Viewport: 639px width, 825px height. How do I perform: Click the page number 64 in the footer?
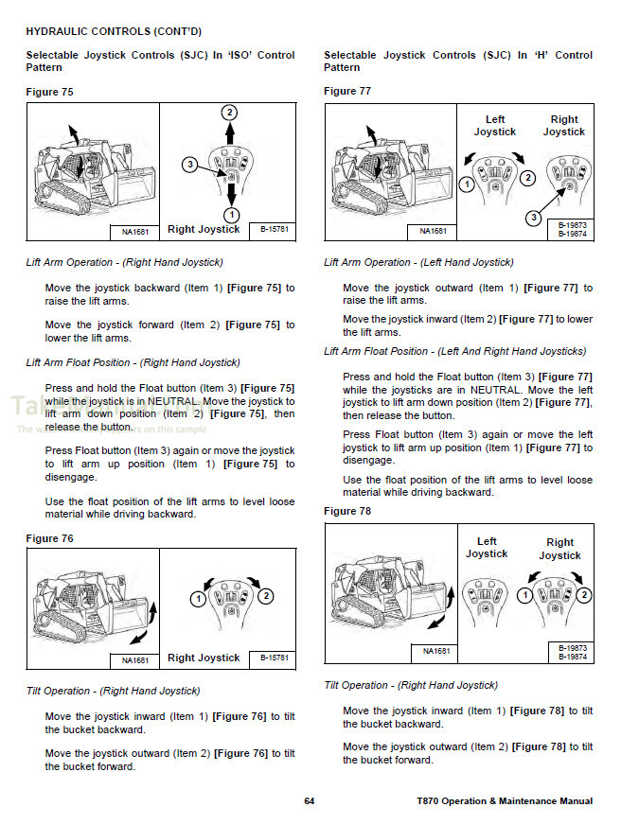pos(309,801)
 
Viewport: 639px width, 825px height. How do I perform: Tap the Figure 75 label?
pos(49,92)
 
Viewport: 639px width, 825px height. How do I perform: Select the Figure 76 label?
pos(49,538)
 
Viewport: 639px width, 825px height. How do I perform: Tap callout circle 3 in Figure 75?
pos(190,165)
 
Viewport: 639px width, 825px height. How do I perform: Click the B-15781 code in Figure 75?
pos(275,229)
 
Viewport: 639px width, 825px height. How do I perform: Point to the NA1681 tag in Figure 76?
pos(134,659)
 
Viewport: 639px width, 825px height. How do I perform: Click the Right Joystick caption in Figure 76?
pos(204,658)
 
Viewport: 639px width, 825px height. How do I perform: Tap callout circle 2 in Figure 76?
pos(266,596)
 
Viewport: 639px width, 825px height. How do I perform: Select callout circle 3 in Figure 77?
pos(534,219)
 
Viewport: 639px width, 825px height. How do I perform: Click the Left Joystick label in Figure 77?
pos(495,126)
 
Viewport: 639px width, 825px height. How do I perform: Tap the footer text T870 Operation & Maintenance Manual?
pos(505,801)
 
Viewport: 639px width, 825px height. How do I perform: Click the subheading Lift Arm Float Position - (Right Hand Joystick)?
pos(133,362)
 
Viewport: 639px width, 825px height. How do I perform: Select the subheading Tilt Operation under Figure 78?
pos(411,685)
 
